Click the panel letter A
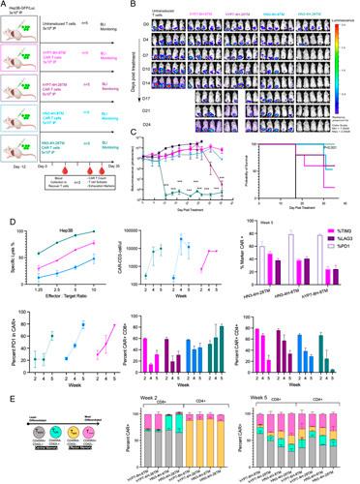pos(6,5)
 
